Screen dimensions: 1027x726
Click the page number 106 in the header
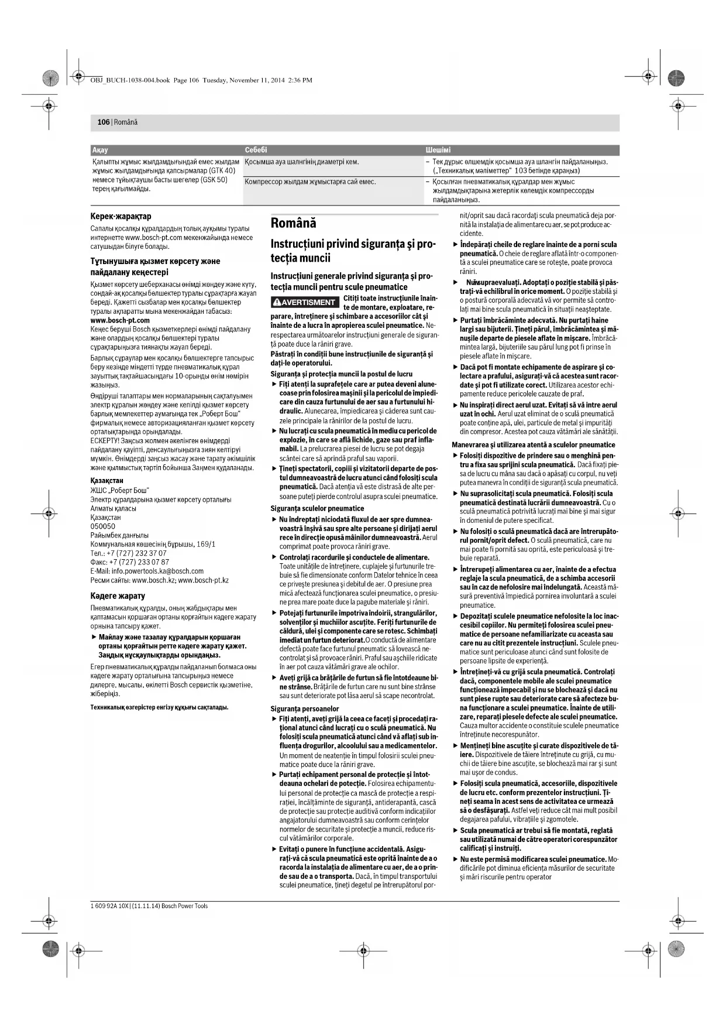tap(103, 122)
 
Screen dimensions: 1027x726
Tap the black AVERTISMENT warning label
tap(305, 302)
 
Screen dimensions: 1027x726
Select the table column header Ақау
tap(100, 150)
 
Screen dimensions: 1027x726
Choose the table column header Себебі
tap(256, 150)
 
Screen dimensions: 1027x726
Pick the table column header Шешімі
tap(438, 150)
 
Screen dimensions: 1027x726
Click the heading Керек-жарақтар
tap(121, 216)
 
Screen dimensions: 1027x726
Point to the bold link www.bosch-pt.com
tap(120, 320)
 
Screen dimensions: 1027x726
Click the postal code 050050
tap(102, 526)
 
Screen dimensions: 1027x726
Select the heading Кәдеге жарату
tap(118, 595)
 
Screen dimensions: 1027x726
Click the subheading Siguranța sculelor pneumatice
tap(317, 508)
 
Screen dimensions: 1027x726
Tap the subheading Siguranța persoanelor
tap(304, 708)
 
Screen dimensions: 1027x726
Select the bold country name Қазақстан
tap(106, 481)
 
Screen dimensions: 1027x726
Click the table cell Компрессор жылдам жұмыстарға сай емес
tap(310, 182)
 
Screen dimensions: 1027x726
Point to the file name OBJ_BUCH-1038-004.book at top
tap(130, 80)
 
